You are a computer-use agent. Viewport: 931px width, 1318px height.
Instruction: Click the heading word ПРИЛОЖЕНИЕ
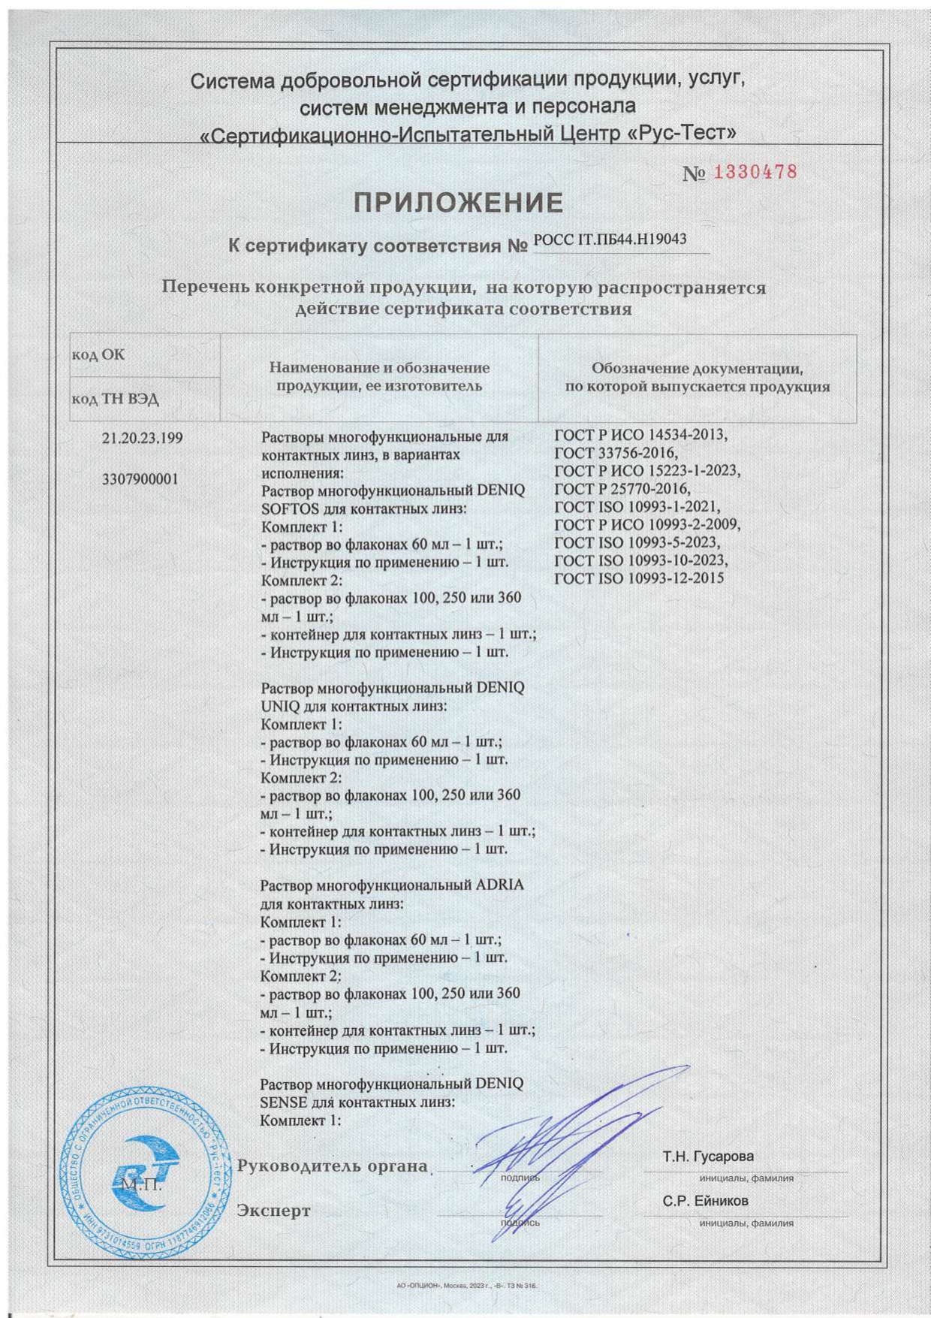click(459, 203)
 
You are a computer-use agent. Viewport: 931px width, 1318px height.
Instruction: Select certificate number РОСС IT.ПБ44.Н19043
click(610, 240)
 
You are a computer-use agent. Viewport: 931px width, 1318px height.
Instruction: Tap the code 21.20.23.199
click(142, 438)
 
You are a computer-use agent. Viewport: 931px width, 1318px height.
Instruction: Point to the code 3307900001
click(140, 479)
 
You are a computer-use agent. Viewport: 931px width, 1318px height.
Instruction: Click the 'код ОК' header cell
click(98, 355)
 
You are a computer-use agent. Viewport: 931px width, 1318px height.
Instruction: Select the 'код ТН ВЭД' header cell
click(115, 399)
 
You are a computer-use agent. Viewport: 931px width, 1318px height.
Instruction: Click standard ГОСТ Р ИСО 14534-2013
click(640, 435)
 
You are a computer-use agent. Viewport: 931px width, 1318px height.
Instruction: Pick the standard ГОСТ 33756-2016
click(616, 453)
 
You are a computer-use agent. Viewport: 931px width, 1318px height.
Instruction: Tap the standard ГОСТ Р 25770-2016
click(622, 489)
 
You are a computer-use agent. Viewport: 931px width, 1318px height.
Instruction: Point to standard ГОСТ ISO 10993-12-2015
click(639, 578)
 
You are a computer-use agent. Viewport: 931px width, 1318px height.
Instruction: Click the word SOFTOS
click(288, 508)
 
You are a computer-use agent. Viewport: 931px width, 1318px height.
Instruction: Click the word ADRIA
click(499, 885)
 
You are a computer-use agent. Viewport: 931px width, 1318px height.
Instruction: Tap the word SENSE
click(282, 1102)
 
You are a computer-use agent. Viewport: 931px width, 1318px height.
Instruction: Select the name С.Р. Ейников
click(705, 1201)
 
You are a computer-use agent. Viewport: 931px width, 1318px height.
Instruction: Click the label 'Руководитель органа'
click(332, 1166)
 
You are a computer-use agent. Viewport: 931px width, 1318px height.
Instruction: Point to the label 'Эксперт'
click(273, 1211)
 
